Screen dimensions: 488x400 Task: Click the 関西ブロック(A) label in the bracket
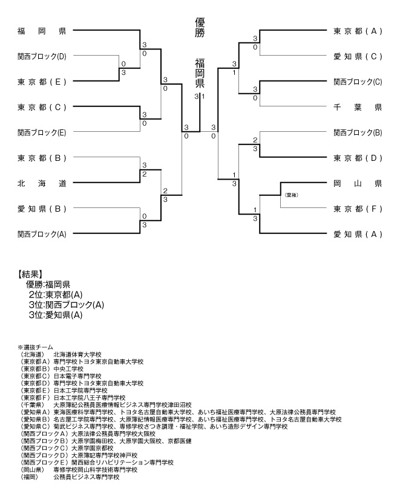click(x=42, y=234)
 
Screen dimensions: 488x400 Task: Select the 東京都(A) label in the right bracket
click(x=358, y=31)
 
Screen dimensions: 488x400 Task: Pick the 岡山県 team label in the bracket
click(x=358, y=183)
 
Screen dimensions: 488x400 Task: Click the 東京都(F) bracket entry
click(x=358, y=209)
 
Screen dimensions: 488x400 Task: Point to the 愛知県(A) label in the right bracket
click(x=358, y=234)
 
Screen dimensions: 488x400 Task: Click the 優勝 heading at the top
click(x=200, y=27)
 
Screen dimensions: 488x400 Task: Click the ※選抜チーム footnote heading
click(x=35, y=347)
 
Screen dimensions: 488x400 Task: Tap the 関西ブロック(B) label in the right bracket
click(x=358, y=132)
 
